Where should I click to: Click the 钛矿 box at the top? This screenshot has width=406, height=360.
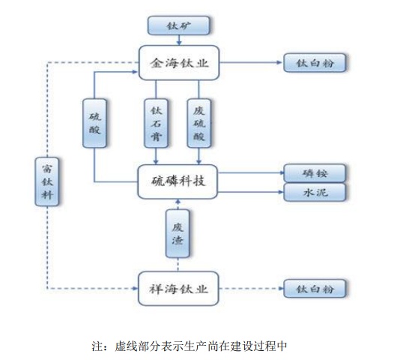pos(179,25)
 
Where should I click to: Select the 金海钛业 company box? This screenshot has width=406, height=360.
pos(179,63)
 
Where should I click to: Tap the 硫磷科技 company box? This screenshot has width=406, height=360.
pos(178,181)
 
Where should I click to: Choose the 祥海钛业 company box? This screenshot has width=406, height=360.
pos(179,289)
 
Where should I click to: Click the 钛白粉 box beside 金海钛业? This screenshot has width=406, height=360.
pos(315,63)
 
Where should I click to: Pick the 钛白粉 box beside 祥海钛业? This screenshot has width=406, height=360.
pos(315,289)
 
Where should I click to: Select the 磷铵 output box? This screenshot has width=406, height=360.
pos(315,173)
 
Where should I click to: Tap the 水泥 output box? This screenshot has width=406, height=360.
pos(315,192)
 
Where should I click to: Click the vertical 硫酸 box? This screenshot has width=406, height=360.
pos(94,123)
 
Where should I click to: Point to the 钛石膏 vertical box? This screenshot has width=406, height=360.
pos(156,123)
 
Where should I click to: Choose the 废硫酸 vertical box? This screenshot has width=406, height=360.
pos(199,123)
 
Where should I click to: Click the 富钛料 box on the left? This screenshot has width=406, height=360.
pos(47,182)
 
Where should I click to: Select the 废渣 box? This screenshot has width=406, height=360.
pos(178,233)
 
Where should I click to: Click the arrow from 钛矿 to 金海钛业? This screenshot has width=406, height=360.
pos(179,40)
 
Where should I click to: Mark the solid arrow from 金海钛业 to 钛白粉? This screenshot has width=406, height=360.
pos(251,62)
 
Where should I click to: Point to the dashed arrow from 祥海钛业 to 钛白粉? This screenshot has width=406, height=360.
pos(252,289)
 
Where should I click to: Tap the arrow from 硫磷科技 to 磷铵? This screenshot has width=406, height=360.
pos(251,172)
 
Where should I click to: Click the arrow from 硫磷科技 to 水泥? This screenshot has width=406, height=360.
pos(251,192)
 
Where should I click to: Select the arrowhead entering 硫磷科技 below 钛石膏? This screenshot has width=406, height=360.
pos(156,162)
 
